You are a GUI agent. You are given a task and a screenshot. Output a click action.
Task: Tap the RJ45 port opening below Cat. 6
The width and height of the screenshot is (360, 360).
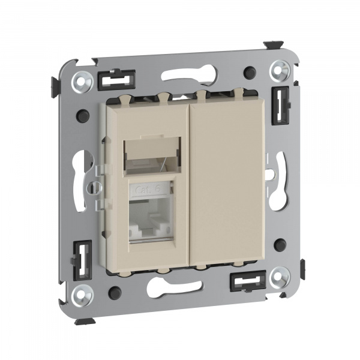point(149,222)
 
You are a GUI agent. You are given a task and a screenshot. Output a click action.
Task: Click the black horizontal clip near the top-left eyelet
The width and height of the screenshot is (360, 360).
point(116,80)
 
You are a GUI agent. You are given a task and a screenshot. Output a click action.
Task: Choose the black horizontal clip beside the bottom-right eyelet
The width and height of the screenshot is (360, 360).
point(247,280)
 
